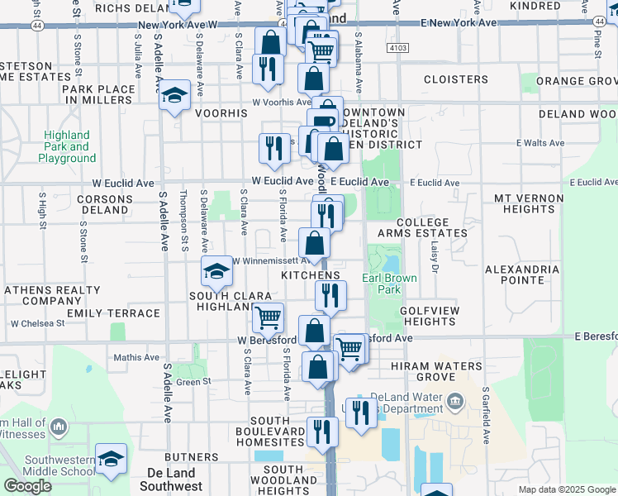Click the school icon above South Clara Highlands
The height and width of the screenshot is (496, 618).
click(x=216, y=270)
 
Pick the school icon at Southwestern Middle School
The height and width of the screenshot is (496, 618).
click(x=111, y=459)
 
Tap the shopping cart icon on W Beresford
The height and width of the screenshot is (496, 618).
click(x=268, y=317)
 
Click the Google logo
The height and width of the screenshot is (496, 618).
click(x=27, y=486)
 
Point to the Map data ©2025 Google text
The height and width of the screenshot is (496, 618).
click(x=567, y=489)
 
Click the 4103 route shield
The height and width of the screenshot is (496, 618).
click(x=397, y=49)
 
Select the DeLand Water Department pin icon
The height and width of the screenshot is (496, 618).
click(x=454, y=403)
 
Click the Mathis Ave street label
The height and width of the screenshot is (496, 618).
click(x=137, y=357)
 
